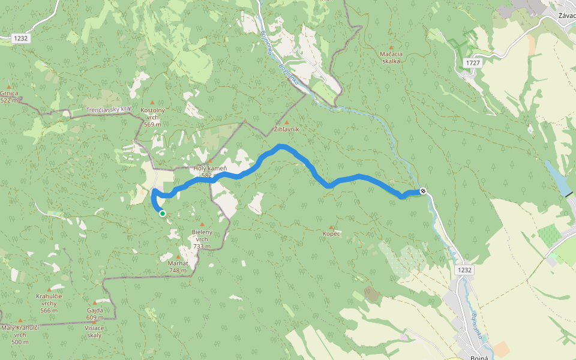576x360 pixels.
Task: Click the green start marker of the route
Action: (162, 213)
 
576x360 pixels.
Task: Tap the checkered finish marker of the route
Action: (423, 191)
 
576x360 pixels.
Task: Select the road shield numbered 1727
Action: (473, 62)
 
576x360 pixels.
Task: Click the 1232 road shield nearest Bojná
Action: (464, 270)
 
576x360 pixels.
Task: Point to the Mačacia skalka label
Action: (391, 57)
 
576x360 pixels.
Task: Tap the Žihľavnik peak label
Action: (286, 129)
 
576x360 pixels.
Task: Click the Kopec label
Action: (331, 233)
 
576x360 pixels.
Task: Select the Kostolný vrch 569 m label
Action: (152, 117)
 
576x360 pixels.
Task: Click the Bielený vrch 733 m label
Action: (202, 239)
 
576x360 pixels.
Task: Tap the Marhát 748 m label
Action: (178, 266)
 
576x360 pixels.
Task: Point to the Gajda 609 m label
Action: (94, 314)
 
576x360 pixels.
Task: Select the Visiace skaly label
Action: (94, 331)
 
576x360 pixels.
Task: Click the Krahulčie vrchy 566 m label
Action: (49, 303)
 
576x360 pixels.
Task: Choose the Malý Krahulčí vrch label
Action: (20, 334)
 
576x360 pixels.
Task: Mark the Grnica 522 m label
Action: (9, 97)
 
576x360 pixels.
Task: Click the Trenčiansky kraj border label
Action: (108, 110)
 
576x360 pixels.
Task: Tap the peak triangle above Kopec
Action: (331, 227)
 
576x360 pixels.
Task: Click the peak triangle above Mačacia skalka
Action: (391, 47)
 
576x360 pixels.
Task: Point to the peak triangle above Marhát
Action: (178, 256)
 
